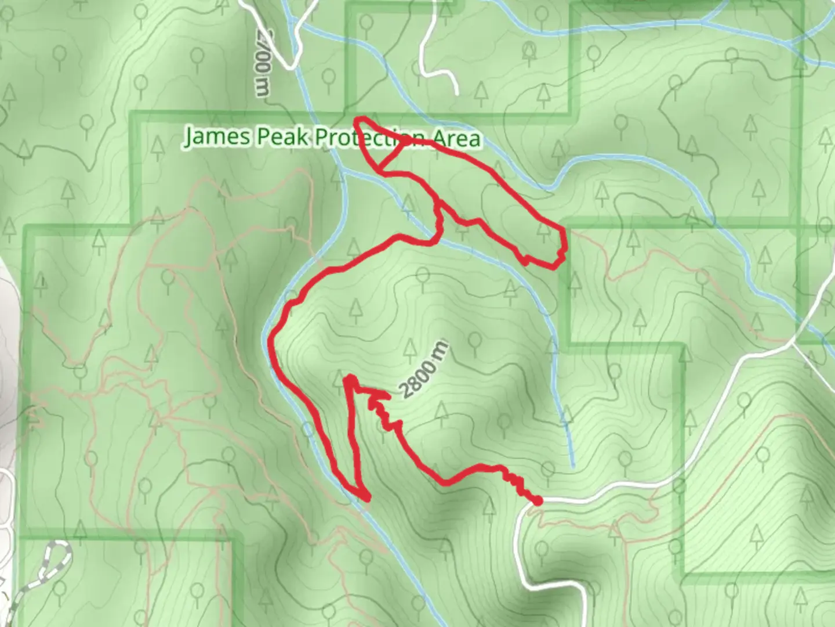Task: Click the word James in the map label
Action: point(218,137)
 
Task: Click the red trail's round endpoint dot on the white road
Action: point(538,500)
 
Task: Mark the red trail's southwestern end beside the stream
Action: point(366,498)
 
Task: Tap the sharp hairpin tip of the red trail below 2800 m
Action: point(349,379)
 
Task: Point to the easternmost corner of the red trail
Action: point(564,232)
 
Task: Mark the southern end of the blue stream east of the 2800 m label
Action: point(572,464)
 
